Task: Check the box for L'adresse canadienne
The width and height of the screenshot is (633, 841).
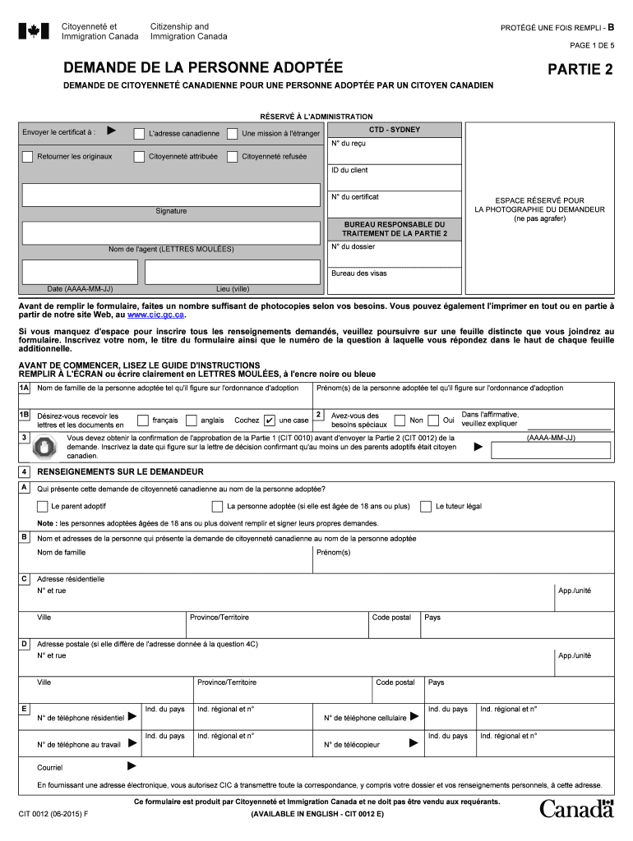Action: point(140,132)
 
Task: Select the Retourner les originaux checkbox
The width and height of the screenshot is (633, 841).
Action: point(28,156)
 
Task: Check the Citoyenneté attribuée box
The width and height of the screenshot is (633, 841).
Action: point(140,156)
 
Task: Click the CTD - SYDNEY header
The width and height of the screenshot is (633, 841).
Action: point(394,130)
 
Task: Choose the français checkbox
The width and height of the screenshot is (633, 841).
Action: point(143,420)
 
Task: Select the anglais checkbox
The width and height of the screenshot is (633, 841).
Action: point(192,420)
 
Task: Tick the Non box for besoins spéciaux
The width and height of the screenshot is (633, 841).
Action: point(400,420)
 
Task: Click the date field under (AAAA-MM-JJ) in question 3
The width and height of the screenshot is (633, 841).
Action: point(550,451)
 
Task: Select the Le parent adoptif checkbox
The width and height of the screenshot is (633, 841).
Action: point(42,506)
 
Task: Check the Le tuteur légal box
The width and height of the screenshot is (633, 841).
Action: point(426,506)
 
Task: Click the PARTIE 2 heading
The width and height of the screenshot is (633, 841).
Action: point(580,70)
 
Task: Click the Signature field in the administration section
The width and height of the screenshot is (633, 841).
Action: point(171,195)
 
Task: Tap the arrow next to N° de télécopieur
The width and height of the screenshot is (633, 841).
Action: point(414,743)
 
